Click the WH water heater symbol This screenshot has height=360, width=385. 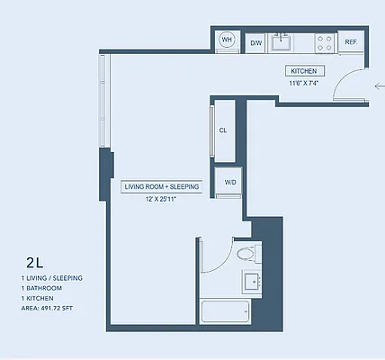click(228, 40)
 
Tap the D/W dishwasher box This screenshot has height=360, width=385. click(255, 42)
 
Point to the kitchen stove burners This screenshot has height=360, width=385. click(324, 41)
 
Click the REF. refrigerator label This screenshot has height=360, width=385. click(350, 42)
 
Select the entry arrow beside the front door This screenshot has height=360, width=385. click(377, 85)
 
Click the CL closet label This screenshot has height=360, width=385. click(222, 130)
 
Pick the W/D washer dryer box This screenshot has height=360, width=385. click(230, 182)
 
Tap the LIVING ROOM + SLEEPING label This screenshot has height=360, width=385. click(162, 186)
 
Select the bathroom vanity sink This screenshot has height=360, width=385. click(250, 283)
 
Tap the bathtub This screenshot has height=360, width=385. click(226, 312)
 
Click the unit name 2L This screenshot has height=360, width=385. click(34, 263)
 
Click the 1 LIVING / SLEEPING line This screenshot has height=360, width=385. click(51, 279)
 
